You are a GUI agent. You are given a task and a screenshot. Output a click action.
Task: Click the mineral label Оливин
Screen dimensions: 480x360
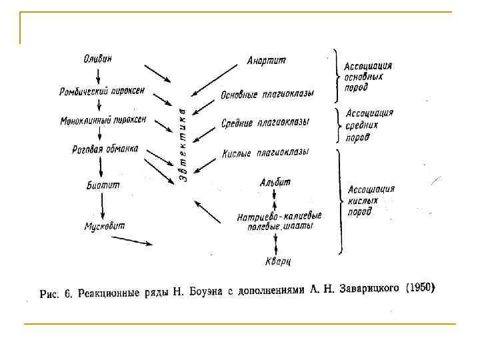click(98, 59)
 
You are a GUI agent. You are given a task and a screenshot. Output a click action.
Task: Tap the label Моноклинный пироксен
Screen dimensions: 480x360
click(103, 121)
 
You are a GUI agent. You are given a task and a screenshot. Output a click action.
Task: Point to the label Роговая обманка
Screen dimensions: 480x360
click(105, 149)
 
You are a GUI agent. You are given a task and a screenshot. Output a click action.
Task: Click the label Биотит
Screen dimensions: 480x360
click(103, 185)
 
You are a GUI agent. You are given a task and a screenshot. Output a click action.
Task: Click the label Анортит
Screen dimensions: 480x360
click(266, 61)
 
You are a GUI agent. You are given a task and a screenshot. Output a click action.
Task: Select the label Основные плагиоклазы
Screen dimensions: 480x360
click(267, 94)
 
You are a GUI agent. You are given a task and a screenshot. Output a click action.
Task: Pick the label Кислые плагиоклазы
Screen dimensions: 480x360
click(265, 153)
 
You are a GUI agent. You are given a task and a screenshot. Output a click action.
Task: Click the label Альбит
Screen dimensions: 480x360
click(275, 181)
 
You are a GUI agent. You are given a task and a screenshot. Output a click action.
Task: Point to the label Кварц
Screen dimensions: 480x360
click(278, 261)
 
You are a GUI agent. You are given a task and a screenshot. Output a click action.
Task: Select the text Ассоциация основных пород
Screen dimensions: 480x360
click(367, 76)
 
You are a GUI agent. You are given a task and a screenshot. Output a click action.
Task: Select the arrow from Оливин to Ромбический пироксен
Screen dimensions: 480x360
click(98, 73)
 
